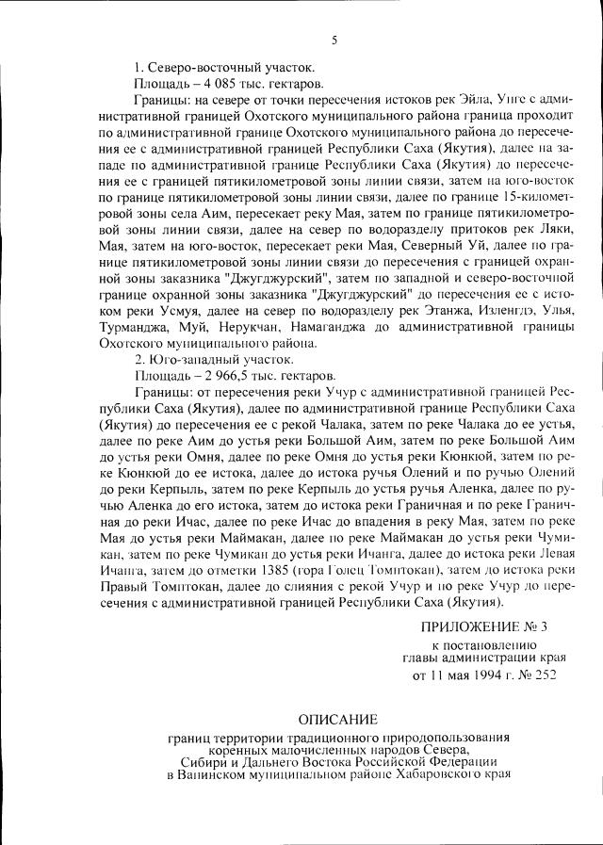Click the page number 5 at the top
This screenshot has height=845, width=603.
point(334,39)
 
